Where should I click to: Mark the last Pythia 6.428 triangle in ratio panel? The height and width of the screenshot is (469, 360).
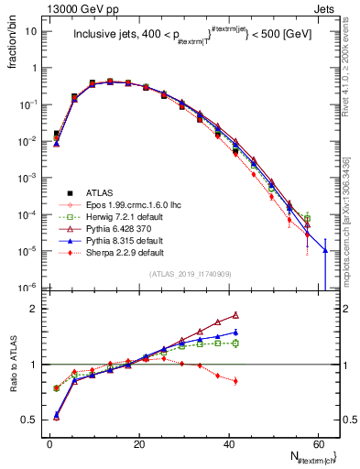pyautogui.click(x=235, y=315)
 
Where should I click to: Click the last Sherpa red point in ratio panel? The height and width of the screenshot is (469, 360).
pyautogui.click(x=235, y=381)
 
